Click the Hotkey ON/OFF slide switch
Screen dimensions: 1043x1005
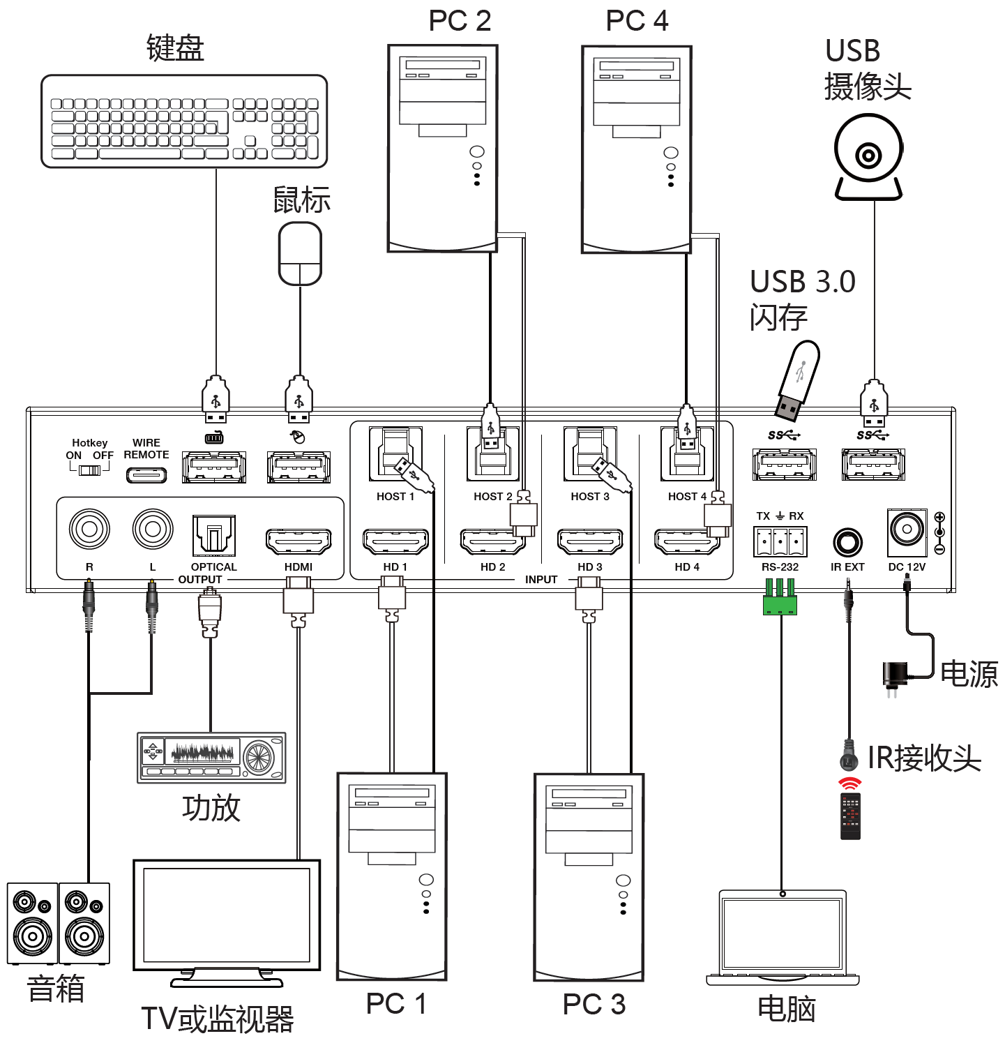pos(90,470)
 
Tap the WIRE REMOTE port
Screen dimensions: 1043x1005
pos(146,475)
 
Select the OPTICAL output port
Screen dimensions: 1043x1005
pos(213,536)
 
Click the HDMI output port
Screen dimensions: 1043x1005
pos(299,541)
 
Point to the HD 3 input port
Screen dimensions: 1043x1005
pos(590,541)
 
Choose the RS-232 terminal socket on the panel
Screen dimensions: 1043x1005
pos(780,541)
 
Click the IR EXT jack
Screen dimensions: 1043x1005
pos(847,543)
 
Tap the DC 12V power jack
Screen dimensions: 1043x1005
pos(907,530)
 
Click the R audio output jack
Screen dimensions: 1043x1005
pos(89,529)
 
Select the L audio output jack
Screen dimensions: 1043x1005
pos(153,529)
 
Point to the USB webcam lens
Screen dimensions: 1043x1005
pos(868,155)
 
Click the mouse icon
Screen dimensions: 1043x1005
pos(300,253)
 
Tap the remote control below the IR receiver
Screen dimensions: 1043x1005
pos(850,816)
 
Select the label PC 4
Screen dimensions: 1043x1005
pos(637,21)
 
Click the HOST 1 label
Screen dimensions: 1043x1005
pos(395,497)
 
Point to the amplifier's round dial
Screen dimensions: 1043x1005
pos(258,757)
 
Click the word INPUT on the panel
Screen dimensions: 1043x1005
pos(541,580)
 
